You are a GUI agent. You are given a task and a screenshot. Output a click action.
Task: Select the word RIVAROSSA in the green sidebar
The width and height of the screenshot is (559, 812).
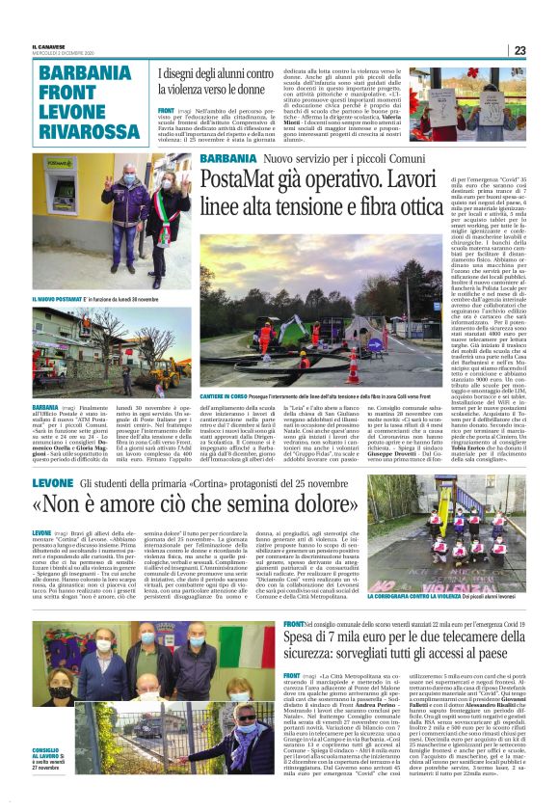click(84, 129)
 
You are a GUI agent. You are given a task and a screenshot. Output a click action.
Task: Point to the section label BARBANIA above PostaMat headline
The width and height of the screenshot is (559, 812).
click(228, 158)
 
